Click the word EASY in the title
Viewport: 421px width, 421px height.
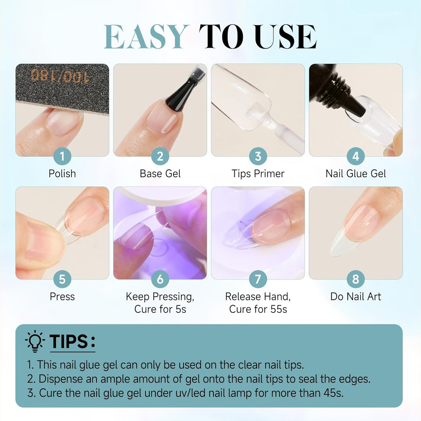point(146,37)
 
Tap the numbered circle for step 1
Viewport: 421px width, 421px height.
point(62,156)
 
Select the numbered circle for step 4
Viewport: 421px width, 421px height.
point(356,156)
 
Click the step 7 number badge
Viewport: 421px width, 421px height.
point(258,279)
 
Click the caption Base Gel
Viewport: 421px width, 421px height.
point(160,173)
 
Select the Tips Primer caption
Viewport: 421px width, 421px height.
point(258,173)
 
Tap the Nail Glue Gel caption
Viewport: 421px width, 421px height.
point(356,173)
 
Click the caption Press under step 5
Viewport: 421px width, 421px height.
point(62,296)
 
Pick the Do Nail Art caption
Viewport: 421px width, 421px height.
point(356,296)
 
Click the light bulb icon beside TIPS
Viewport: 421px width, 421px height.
point(35,341)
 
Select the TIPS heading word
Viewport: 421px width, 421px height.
point(69,342)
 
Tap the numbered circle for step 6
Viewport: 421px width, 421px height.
point(160,279)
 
